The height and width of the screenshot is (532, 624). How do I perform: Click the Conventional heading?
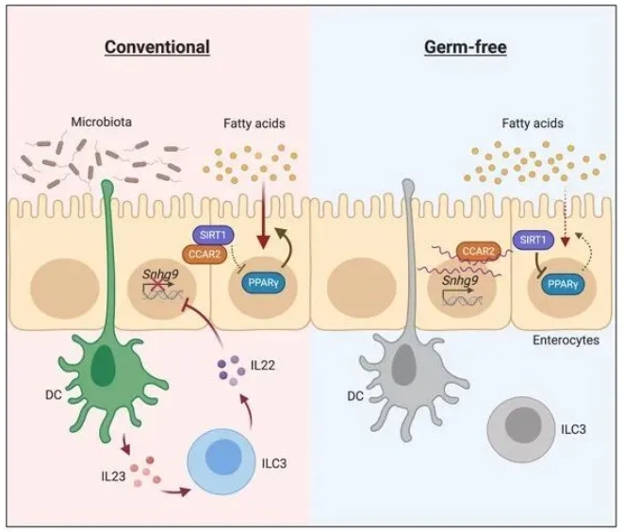point(157,47)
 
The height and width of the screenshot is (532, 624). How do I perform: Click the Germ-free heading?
point(466,47)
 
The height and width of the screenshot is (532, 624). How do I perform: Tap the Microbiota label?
point(101,122)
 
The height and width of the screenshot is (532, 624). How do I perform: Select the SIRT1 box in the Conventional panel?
point(213,235)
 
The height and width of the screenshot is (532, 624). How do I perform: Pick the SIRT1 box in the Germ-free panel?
point(533,241)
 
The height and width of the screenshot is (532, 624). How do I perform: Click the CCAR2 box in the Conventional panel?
point(205,254)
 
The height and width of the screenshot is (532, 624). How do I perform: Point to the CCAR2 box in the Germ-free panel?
point(478,251)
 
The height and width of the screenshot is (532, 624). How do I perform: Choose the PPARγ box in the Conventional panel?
point(263,283)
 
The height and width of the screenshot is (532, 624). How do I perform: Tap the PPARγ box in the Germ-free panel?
point(563,284)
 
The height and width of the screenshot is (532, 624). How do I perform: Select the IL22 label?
point(263,365)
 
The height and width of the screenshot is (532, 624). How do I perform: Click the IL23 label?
point(113,475)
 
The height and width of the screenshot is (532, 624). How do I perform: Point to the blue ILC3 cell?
point(222,461)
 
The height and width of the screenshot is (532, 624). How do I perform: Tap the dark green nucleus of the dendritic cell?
point(103,366)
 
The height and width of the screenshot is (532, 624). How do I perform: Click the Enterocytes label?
point(566,341)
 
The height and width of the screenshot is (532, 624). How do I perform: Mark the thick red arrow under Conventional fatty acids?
point(263,216)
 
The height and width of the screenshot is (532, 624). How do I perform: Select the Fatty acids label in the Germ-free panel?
point(533,123)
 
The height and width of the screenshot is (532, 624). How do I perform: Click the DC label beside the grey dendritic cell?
point(355,396)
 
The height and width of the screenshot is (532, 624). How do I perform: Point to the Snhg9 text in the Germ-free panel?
point(460,280)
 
